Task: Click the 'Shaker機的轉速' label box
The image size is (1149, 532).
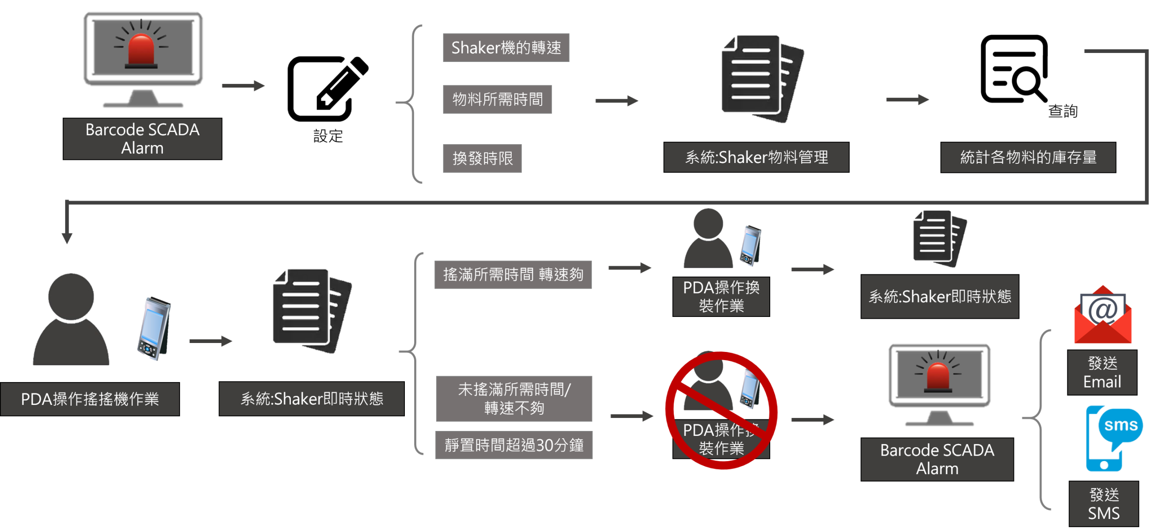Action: click(x=506, y=48)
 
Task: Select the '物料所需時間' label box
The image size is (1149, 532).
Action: click(x=497, y=99)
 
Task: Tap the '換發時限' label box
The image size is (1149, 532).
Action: click(x=482, y=158)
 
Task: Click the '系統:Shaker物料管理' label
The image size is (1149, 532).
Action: click(x=756, y=157)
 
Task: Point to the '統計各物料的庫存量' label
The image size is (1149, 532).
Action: click(x=1028, y=157)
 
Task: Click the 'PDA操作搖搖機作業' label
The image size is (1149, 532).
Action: click(x=90, y=399)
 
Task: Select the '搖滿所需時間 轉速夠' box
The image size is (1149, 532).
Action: click(x=513, y=274)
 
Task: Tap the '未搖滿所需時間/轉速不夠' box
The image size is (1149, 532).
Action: click(x=514, y=399)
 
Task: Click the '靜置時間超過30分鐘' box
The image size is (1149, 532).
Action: click(x=514, y=445)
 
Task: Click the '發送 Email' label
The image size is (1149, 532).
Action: click(x=1102, y=373)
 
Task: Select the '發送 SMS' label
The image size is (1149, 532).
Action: click(x=1104, y=504)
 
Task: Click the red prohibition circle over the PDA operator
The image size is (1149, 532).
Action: click(x=721, y=410)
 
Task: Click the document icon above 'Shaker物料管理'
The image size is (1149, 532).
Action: click(x=761, y=79)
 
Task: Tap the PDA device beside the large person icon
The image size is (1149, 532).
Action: click(x=153, y=329)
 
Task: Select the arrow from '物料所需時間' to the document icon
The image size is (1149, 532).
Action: click(x=617, y=101)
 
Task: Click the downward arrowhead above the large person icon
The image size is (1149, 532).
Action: click(x=67, y=237)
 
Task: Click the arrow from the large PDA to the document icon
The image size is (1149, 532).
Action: click(x=211, y=341)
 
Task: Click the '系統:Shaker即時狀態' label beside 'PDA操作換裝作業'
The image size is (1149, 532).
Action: click(x=940, y=296)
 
